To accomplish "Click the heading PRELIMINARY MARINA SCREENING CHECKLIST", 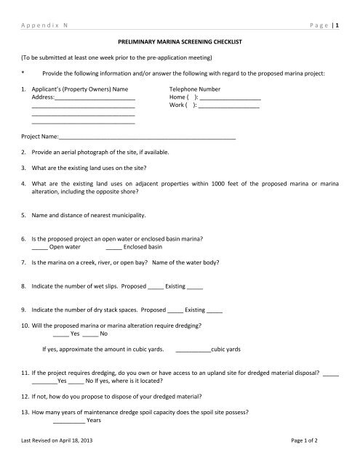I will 180,45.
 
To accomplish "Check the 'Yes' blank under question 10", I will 61,333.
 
